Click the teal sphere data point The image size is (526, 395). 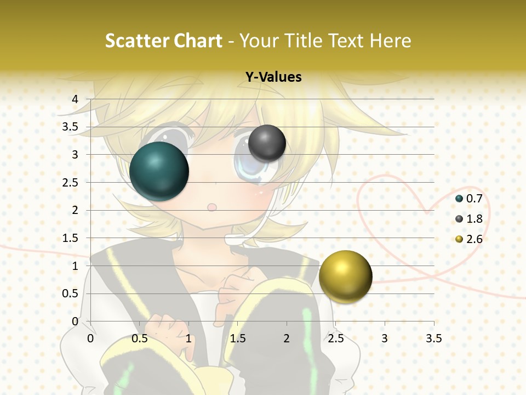coord(159,171)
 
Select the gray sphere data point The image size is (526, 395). coord(267,143)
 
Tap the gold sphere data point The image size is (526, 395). coord(346,276)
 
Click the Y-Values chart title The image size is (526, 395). coord(273,77)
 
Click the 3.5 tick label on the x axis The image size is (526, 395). coord(433,338)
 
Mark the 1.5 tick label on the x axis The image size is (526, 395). coord(238,338)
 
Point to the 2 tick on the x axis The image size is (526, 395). coord(287,338)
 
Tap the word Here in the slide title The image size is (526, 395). coord(391,41)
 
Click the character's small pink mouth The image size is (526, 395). coord(211,207)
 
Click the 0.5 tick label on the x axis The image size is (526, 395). coord(140,338)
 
